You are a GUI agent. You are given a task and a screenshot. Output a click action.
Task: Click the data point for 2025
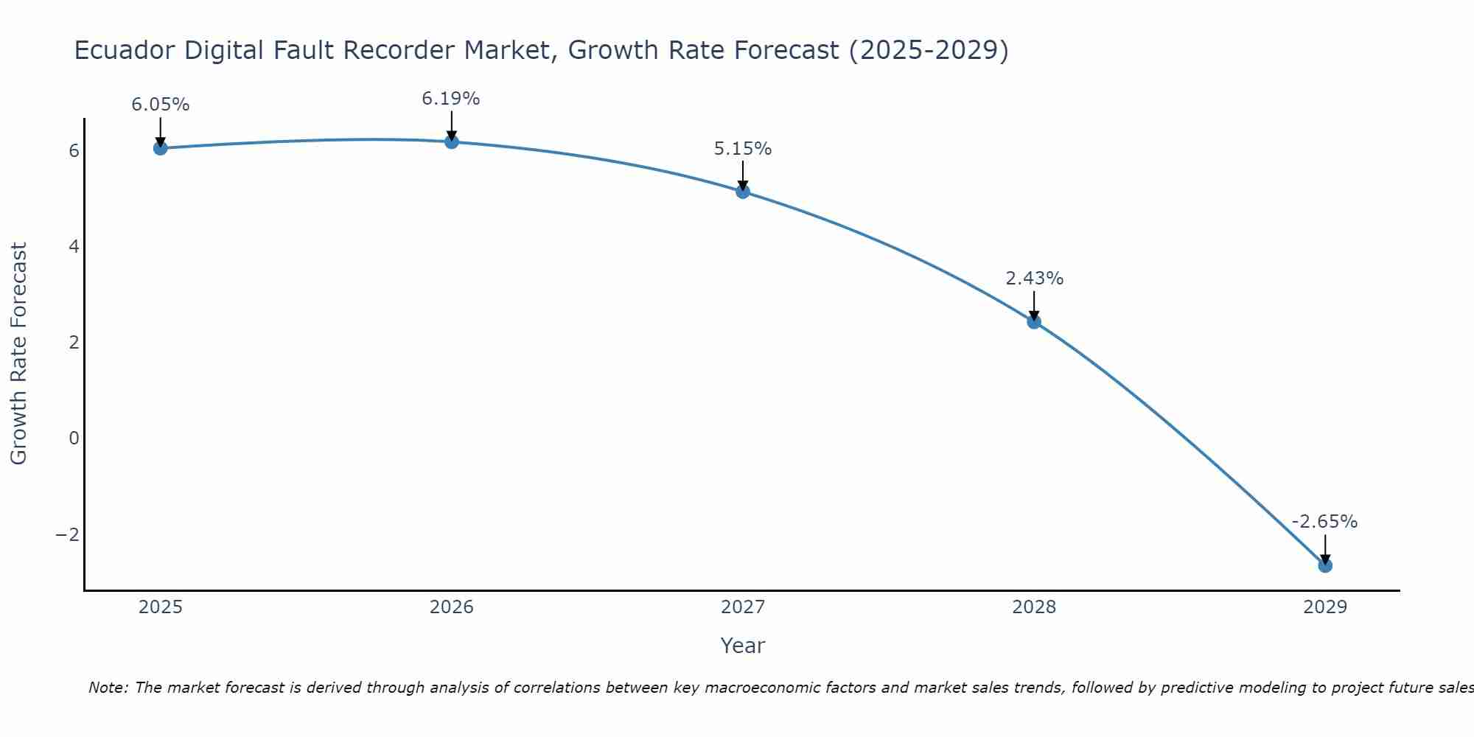click(161, 148)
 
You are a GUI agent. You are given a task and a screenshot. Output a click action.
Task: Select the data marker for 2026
click(452, 142)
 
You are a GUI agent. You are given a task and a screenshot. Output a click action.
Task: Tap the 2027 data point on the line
click(743, 192)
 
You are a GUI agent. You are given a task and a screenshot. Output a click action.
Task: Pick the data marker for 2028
click(1034, 321)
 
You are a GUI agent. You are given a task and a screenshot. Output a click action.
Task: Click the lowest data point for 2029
click(1325, 565)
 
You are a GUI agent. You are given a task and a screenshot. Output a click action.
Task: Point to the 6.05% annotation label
click(161, 105)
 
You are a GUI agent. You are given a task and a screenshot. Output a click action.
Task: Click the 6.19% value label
click(451, 98)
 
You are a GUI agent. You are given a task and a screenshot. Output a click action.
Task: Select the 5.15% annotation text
click(743, 149)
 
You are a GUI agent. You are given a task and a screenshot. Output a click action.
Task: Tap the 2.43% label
click(1034, 279)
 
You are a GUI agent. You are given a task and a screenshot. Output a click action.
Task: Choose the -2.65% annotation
click(1324, 522)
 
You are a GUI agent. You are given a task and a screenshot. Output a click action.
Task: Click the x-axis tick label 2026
click(452, 607)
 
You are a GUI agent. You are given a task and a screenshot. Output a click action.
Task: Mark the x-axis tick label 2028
click(1034, 607)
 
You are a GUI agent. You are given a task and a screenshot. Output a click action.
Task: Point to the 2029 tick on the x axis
click(1325, 607)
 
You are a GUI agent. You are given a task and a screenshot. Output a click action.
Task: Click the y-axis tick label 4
click(74, 246)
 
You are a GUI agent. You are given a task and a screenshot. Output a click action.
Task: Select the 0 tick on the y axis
click(74, 439)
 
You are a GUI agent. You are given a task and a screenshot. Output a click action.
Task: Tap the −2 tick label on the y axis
click(68, 534)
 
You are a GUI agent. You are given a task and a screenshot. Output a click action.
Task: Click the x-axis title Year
click(743, 646)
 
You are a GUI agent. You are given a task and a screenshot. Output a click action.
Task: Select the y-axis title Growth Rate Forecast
click(19, 353)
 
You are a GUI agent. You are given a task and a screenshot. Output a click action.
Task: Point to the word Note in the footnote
click(108, 688)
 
